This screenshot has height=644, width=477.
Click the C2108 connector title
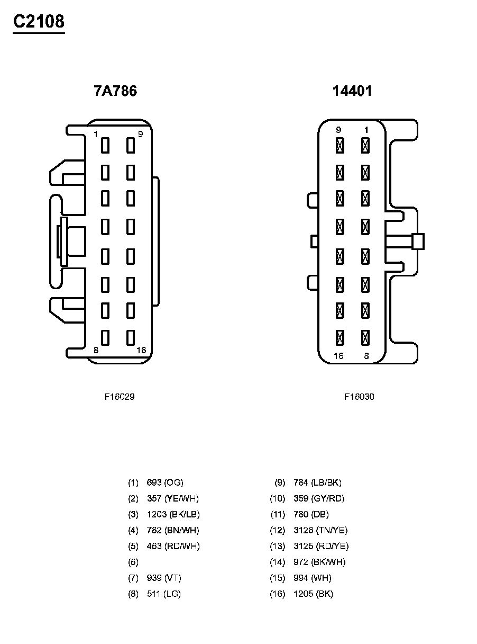[x=39, y=22]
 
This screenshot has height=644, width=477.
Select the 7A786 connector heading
[x=115, y=91]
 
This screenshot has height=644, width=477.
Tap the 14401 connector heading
[x=352, y=91]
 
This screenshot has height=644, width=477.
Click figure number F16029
[x=120, y=396]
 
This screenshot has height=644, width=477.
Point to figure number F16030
[x=359, y=396]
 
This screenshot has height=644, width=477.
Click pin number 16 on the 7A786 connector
[x=141, y=350]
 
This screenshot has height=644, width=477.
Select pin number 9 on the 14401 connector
[x=338, y=130]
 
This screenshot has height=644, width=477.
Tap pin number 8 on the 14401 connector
[x=366, y=356]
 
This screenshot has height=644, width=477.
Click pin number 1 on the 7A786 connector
[x=95, y=134]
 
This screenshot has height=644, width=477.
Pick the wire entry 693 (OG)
[x=165, y=482]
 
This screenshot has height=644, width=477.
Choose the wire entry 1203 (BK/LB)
[x=173, y=514]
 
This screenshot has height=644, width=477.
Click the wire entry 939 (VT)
[x=164, y=578]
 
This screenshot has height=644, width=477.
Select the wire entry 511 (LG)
[x=164, y=594]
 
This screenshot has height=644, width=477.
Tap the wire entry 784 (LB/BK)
[x=317, y=482]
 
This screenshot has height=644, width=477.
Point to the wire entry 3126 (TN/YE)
[x=320, y=530]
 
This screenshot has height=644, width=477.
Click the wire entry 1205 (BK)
[x=313, y=594]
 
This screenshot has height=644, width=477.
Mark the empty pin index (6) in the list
[x=133, y=562]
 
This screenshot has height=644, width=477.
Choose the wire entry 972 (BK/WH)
[x=319, y=562]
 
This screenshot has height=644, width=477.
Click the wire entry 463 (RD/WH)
[x=173, y=546]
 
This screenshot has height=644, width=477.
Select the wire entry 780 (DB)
[x=311, y=514]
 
